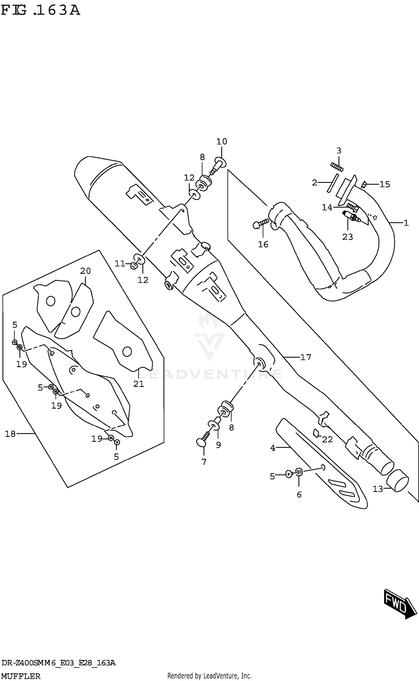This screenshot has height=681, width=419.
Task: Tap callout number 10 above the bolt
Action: coord(222,142)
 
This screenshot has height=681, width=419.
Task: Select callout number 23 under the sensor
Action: coord(347,237)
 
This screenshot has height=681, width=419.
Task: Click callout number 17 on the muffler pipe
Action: coord(306,357)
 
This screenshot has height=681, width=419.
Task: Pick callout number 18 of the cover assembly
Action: coord(10,434)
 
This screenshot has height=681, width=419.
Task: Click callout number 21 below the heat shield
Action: coord(139,384)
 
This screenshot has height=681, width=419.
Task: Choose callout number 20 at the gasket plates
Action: coord(85,271)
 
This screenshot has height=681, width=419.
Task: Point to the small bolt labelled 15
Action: coord(364,184)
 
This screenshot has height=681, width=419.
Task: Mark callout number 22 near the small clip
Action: coord(327,439)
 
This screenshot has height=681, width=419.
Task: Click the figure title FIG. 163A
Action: coord(41,11)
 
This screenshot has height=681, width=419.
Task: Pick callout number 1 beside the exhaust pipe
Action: coord(406,223)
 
